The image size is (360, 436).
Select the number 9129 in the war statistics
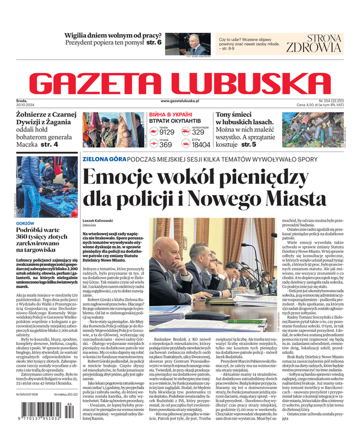point(167,132)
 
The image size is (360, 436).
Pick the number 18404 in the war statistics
point(201,146)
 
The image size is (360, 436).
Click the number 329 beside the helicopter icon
point(198,132)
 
